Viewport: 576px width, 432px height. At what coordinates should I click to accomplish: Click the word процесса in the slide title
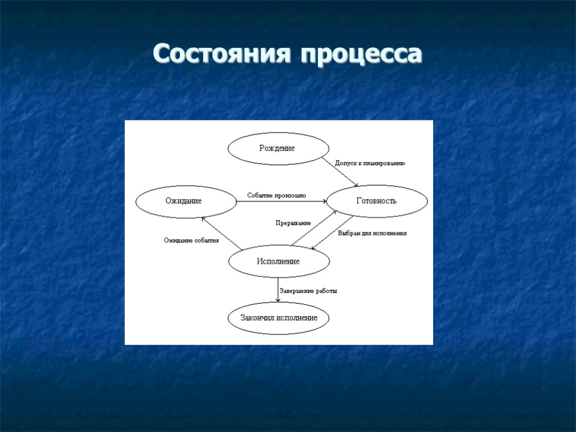[361, 55]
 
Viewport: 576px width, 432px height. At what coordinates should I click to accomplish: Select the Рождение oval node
[278, 148]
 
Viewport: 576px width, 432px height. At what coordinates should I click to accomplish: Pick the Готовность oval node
[377, 201]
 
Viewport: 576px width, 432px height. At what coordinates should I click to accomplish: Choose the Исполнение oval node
[278, 262]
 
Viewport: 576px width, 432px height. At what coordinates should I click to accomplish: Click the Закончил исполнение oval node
[278, 318]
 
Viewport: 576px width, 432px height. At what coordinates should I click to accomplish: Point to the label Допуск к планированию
[370, 163]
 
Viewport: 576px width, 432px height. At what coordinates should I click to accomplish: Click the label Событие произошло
[277, 196]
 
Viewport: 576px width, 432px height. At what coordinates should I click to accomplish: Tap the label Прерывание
[293, 223]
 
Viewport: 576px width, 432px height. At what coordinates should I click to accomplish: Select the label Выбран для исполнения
[372, 232]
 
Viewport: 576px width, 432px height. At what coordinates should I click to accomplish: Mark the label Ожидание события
[191, 240]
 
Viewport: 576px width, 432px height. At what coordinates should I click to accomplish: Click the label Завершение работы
[308, 291]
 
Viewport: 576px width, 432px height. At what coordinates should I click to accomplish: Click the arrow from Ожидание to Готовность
[281, 201]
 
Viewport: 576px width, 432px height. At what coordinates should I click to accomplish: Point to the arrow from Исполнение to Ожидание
[222, 233]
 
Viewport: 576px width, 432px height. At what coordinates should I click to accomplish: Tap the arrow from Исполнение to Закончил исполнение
[278, 290]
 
